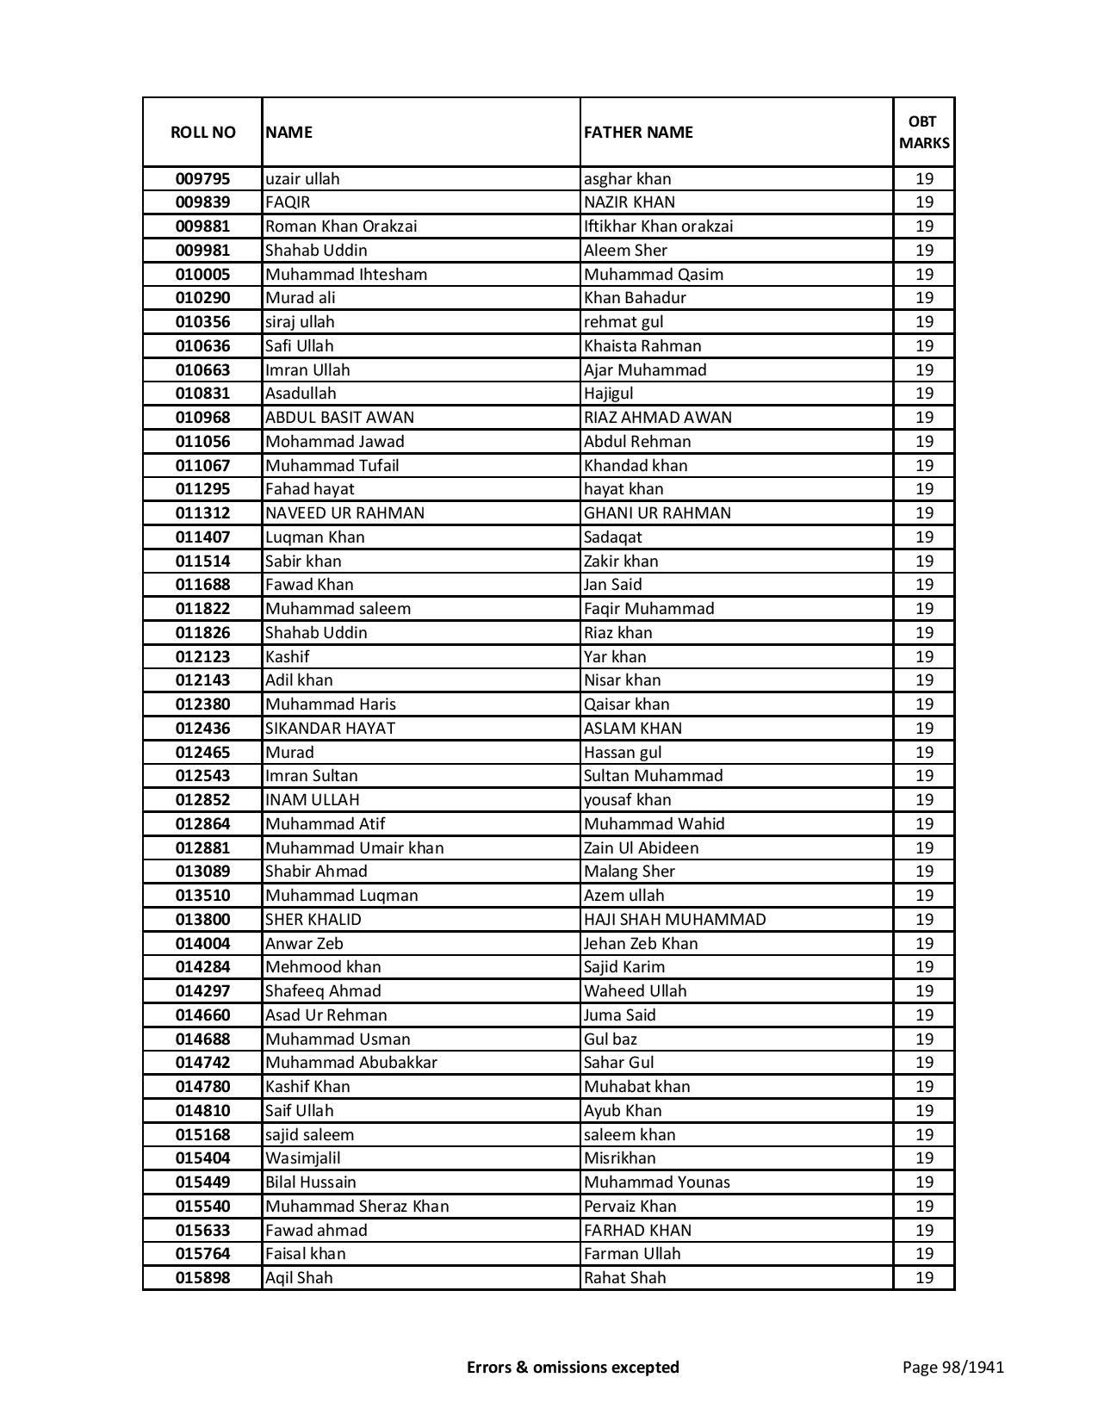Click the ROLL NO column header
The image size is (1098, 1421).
tap(202, 133)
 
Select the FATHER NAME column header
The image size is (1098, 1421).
tap(638, 133)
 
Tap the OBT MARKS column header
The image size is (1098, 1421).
tap(924, 133)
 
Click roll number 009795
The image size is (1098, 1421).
tap(202, 179)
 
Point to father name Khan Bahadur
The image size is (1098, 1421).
tap(635, 298)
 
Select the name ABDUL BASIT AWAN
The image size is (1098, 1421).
tap(339, 418)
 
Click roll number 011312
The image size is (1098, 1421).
tap(202, 513)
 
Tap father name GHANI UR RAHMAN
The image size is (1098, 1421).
tap(657, 513)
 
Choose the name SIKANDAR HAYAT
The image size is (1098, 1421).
tap(330, 729)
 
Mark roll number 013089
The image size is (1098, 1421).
tap(202, 872)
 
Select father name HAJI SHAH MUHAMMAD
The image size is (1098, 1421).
tap(674, 920)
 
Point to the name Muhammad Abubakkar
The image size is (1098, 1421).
tap(350, 1063)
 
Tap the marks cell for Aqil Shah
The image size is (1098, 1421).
tap(924, 1278)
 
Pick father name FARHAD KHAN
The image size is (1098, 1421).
tap(637, 1231)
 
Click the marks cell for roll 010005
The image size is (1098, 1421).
tap(924, 275)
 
